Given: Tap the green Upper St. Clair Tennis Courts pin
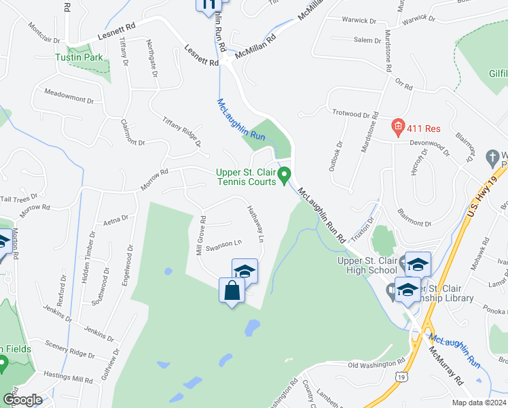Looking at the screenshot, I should tap(286, 175).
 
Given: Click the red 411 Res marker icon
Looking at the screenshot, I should tap(397, 126).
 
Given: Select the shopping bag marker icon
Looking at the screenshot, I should tap(232, 290).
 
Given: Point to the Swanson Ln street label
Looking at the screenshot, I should tap(223, 243).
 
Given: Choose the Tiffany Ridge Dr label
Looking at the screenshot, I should tap(181, 131).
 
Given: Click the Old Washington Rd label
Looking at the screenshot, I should tap(371, 366).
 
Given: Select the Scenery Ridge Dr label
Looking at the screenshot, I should tap(70, 353).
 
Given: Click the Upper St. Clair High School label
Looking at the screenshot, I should tap(371, 265).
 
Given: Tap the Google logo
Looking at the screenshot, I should tap(22, 399).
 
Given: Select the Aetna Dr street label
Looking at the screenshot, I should tap(115, 219).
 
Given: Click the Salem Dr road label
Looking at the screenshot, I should tap(367, 41).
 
